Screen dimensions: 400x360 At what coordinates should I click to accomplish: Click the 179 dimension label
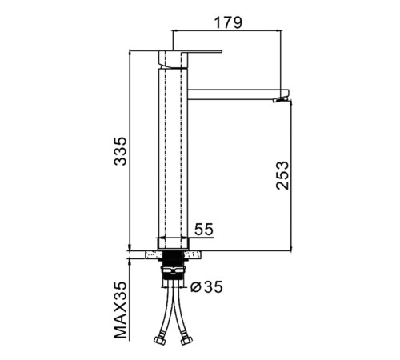(x=228, y=22)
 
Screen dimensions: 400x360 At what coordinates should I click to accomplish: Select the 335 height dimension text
(x=120, y=151)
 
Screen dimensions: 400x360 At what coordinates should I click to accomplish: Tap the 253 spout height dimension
(x=282, y=175)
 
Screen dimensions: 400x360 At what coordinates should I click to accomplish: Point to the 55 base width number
(x=204, y=230)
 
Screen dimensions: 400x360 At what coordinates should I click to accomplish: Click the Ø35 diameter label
(x=206, y=287)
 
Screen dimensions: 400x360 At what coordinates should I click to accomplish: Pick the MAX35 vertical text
(x=121, y=310)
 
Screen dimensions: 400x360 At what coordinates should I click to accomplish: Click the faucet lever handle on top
(x=190, y=51)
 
